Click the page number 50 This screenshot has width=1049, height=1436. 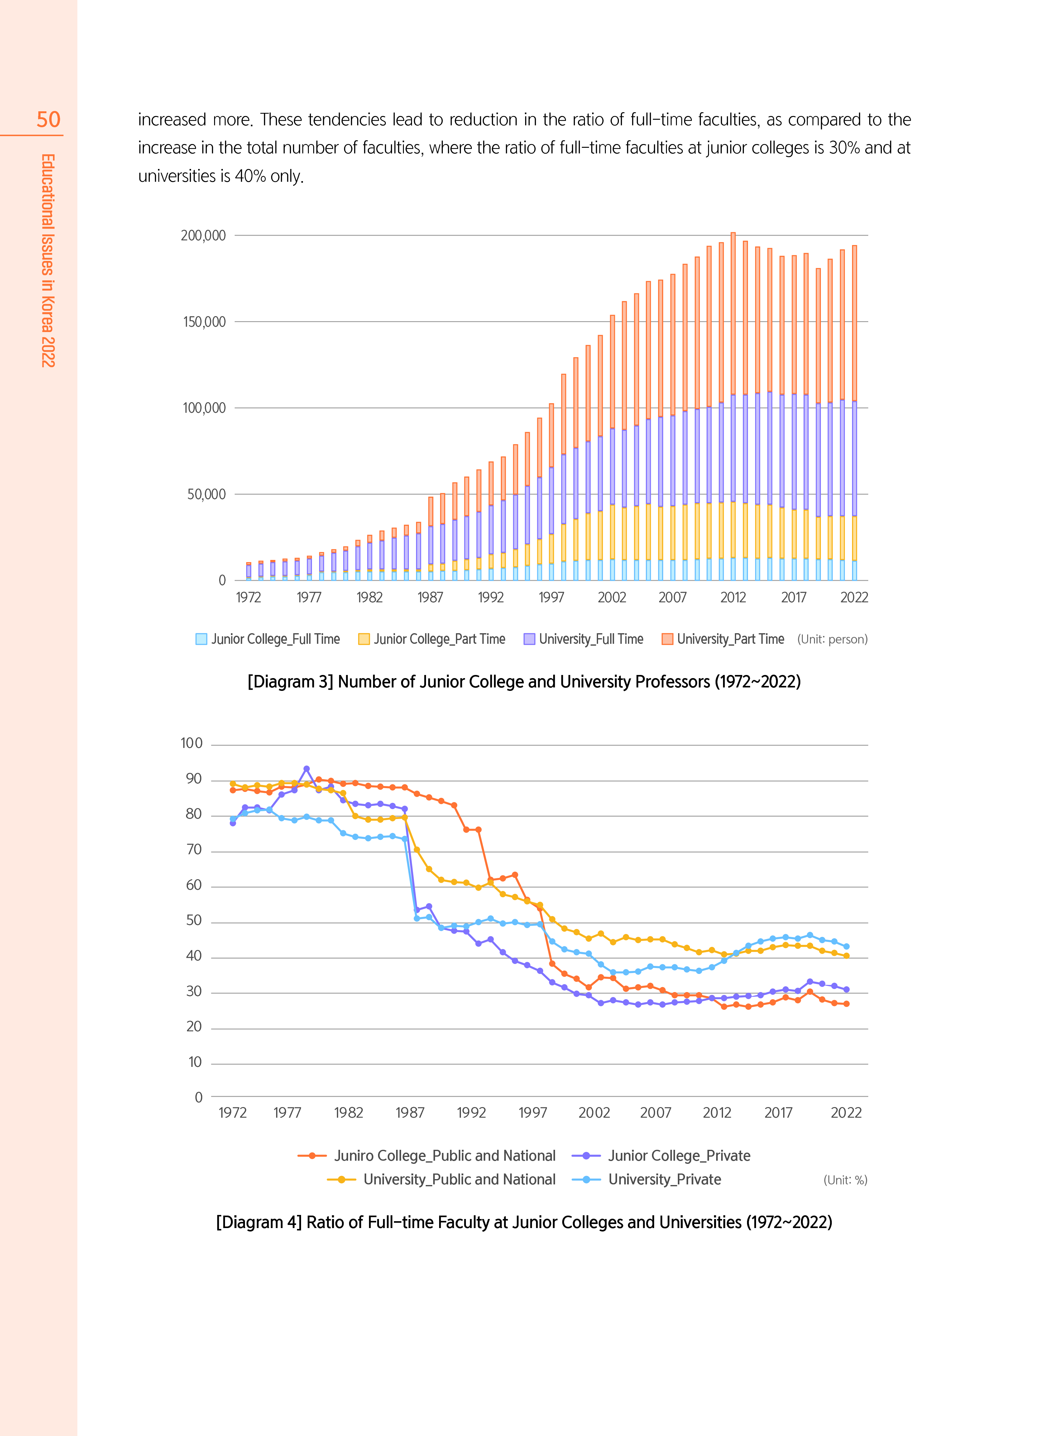(x=48, y=119)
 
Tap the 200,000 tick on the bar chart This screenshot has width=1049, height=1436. (x=203, y=236)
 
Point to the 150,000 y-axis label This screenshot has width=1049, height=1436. (x=204, y=322)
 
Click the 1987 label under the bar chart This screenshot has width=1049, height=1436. (x=430, y=597)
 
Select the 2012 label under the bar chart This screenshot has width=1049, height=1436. (x=733, y=597)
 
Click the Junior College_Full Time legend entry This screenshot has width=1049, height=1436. (x=268, y=639)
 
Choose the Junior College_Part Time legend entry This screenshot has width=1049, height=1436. (x=432, y=639)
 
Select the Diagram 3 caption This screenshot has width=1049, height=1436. (x=524, y=682)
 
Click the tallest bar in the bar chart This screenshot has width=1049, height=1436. (x=733, y=407)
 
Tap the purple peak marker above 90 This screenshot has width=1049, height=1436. (x=307, y=769)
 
